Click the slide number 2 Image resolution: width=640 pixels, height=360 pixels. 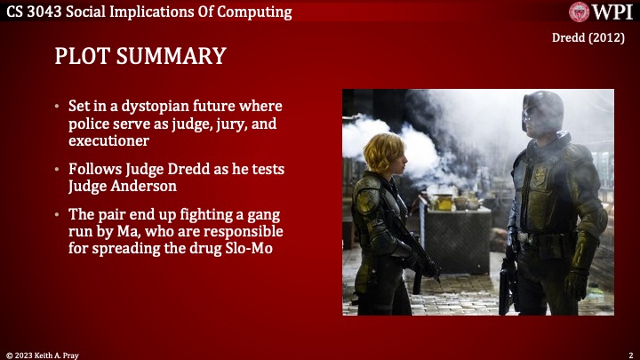pos(629,354)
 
